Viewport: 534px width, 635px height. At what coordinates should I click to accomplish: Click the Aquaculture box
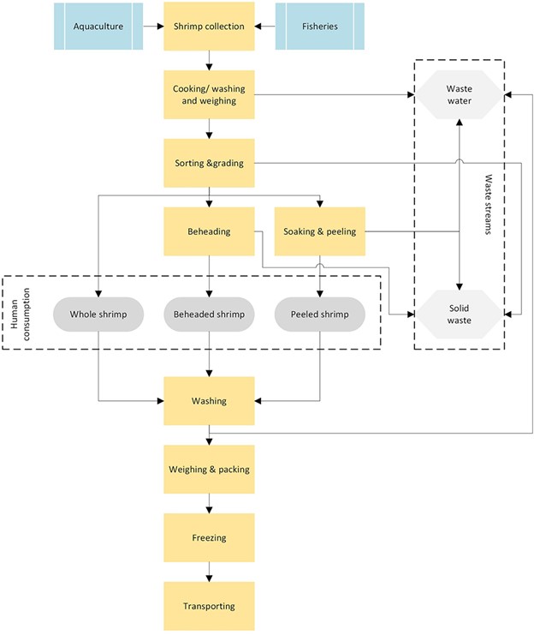coord(98,26)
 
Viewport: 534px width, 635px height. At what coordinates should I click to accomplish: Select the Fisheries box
coord(320,26)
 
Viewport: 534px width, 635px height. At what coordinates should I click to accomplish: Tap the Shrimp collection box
coord(209,26)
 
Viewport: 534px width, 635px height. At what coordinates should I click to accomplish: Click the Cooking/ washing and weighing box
coord(209,94)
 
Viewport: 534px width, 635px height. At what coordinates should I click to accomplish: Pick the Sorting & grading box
coord(209,162)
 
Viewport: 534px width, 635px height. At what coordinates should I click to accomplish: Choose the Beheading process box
coord(209,231)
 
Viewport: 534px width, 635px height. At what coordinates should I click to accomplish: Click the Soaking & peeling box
coord(319,231)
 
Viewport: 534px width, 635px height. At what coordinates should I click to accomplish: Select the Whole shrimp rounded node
coord(98,315)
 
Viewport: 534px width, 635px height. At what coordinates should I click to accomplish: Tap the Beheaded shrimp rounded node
coord(209,315)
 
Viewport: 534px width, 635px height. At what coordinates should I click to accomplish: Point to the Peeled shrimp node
coord(319,315)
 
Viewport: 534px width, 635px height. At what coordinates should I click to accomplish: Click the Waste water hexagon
coord(460,94)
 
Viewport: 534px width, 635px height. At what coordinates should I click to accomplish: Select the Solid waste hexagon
coord(460,315)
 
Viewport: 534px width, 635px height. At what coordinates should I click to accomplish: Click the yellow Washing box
coord(209,400)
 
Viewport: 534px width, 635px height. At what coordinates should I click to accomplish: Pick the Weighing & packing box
coord(209,469)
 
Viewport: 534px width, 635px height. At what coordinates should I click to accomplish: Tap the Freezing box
coord(209,537)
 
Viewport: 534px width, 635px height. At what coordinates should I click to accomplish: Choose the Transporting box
coord(209,606)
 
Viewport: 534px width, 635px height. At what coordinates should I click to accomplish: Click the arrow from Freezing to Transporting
coord(209,572)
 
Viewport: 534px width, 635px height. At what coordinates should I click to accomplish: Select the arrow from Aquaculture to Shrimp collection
coord(153,26)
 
